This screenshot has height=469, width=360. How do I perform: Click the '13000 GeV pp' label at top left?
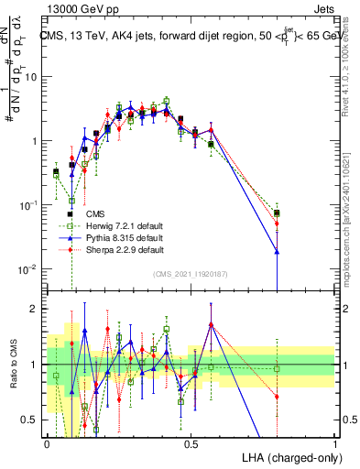[78, 7]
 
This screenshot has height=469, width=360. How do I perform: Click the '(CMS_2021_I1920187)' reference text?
[189, 273]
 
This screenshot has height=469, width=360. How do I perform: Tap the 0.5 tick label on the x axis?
[191, 442]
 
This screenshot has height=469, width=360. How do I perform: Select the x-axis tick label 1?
[335, 442]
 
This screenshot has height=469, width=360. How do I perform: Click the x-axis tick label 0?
[47, 442]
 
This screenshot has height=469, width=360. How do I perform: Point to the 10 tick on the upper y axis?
[35, 77]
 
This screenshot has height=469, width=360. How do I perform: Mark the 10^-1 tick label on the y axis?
[31, 205]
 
